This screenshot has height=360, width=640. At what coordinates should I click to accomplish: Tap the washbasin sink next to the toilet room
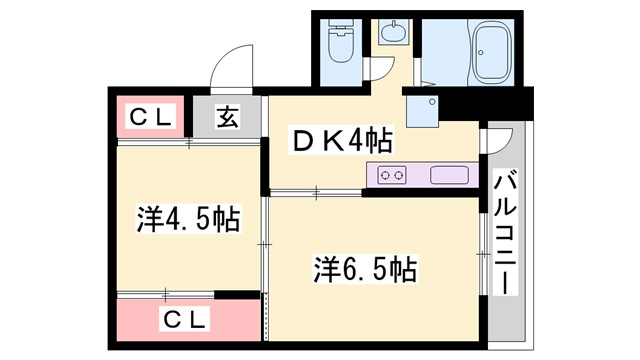click(x=393, y=31)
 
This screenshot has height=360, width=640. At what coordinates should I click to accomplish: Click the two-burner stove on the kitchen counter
click(x=392, y=176)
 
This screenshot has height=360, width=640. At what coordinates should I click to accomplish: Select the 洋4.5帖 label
click(x=187, y=218)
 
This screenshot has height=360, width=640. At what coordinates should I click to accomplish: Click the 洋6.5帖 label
click(x=366, y=268)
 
